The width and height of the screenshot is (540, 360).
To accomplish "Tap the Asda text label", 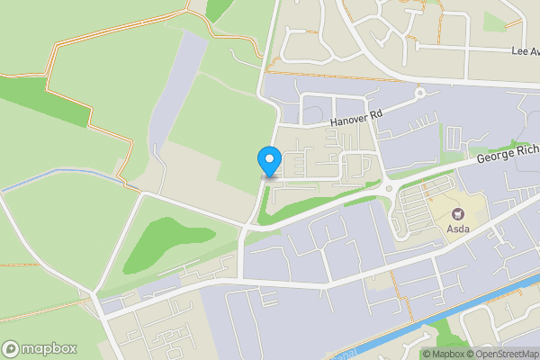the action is pos(457,229).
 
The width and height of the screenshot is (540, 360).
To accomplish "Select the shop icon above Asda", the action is pos(457,214).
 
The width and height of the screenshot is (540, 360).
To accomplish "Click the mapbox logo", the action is pos(40,348).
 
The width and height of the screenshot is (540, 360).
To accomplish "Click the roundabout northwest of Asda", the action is pos(391,187).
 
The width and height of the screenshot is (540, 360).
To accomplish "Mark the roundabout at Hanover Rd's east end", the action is pos(419,93).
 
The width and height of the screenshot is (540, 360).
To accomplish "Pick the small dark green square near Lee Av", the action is pos(494,20).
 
